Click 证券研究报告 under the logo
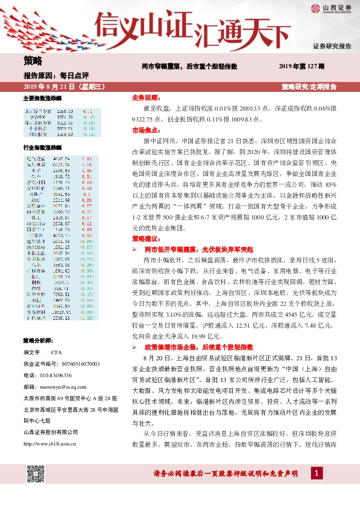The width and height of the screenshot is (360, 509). [x=332, y=46]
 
